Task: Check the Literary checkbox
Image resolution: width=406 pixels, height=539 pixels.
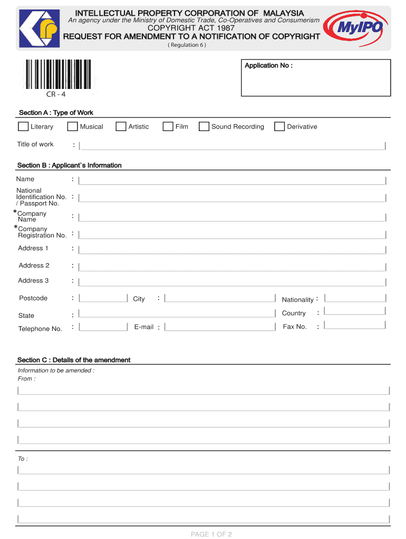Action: pos(23,126)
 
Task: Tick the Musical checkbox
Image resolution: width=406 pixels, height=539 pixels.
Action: pos(72,126)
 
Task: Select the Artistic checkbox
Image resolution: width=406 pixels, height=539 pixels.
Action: pos(121,126)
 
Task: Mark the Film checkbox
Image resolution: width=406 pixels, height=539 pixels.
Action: pos(168,126)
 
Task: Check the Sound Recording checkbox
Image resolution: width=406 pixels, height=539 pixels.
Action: pos(204,126)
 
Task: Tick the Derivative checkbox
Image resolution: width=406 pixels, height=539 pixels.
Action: pos(279,126)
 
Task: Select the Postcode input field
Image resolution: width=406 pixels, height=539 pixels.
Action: pos(103,298)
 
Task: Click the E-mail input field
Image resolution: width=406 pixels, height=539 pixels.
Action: pos(220,327)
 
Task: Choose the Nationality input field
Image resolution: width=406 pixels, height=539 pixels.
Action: pos(355,298)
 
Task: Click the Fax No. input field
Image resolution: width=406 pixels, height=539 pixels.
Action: pos(355,326)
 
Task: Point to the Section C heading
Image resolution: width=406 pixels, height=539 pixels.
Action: pos(74,360)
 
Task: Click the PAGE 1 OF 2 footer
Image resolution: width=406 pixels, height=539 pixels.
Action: pos(211,534)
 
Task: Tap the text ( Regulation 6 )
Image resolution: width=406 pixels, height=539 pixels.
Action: pos(187,45)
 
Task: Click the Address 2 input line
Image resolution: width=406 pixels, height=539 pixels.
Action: pos(232,266)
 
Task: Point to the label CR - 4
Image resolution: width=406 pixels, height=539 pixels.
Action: pos(56,95)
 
